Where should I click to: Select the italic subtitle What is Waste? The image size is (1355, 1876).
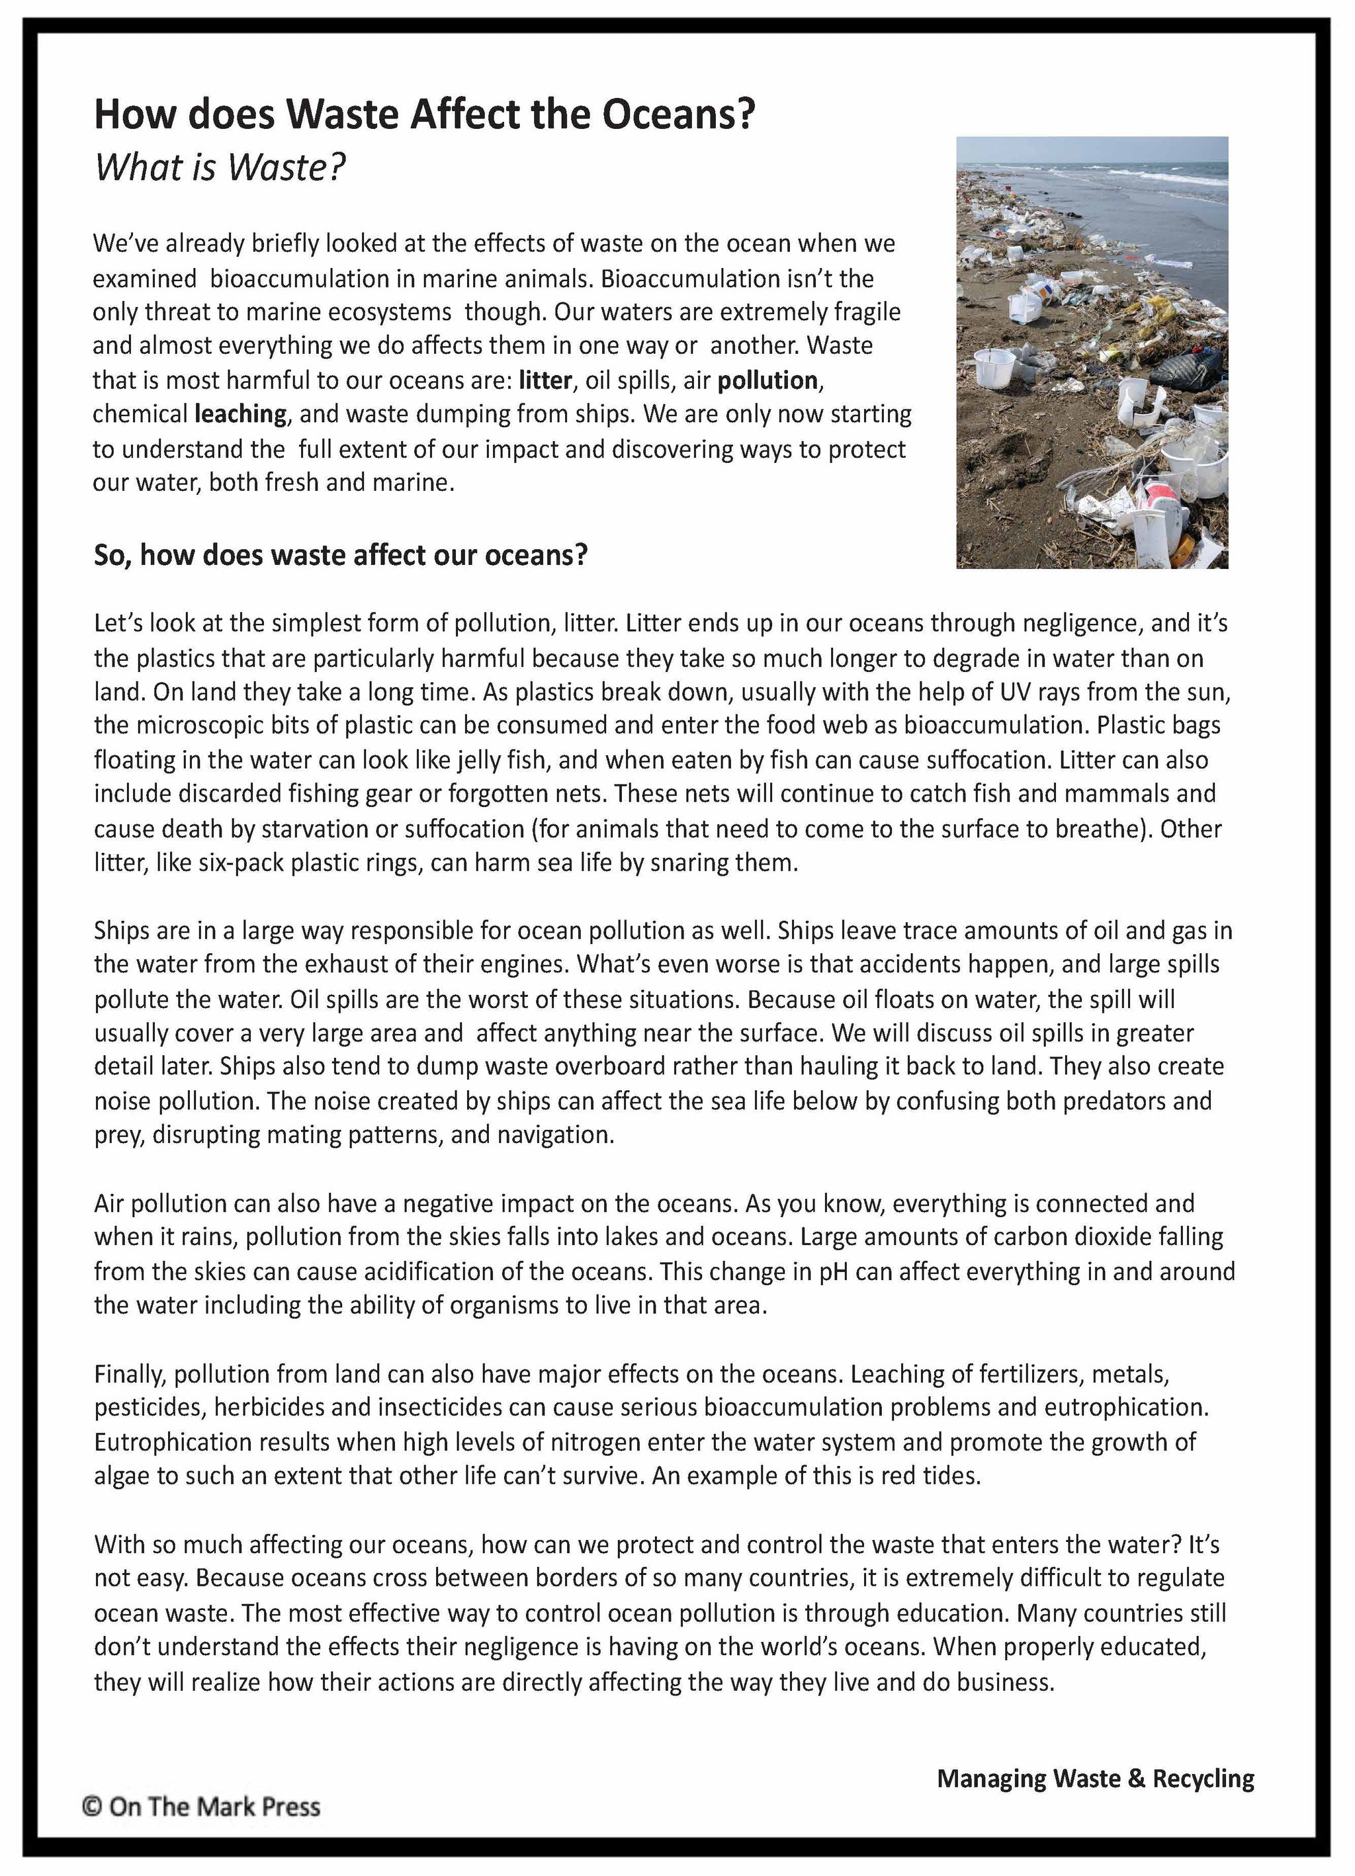click(219, 168)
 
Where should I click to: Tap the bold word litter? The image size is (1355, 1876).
click(545, 380)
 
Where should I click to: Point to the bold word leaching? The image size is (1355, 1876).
click(241, 413)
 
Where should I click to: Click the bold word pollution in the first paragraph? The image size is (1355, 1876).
click(767, 380)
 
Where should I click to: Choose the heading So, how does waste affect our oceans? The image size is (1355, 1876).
click(340, 555)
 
